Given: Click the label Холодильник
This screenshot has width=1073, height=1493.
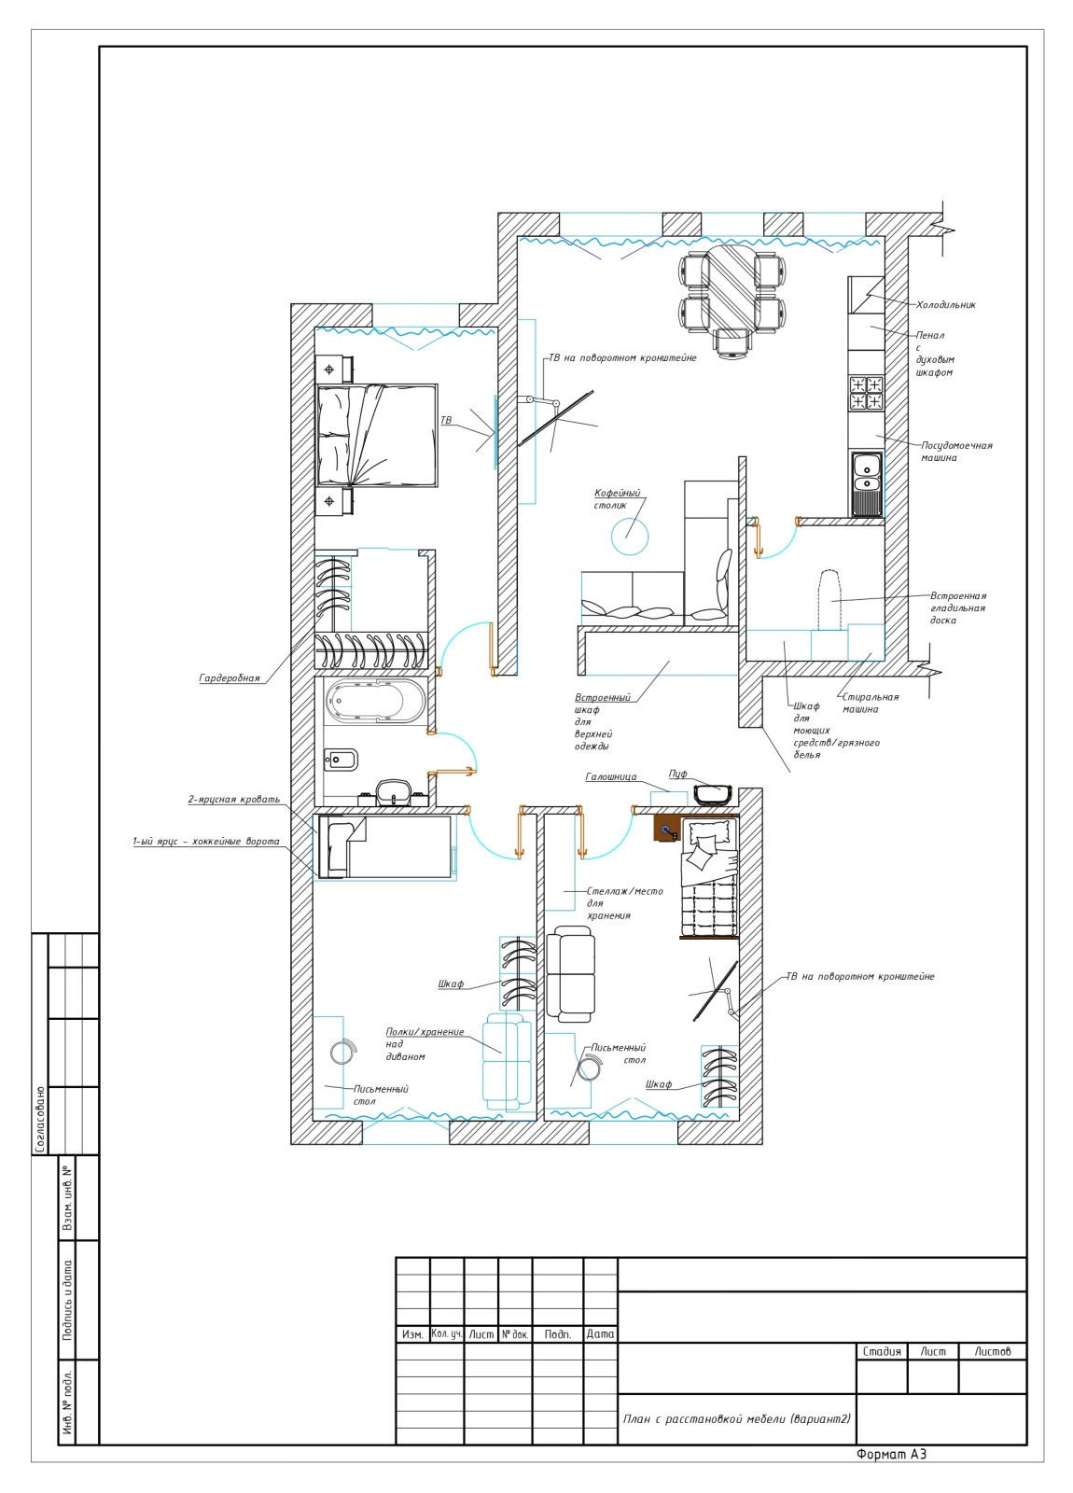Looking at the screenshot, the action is (945, 305).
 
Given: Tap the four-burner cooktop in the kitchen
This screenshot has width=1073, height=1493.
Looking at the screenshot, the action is (866, 393).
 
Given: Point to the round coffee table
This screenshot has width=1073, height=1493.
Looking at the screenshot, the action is (630, 536).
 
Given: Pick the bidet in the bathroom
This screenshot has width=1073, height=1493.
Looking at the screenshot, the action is (341, 760).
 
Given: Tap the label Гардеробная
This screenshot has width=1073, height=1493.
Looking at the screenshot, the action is (230, 678).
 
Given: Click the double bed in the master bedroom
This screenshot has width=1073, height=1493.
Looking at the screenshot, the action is (377, 435).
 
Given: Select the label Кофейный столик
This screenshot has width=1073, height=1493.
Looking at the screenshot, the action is (617, 499).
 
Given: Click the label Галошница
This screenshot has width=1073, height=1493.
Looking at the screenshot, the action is (611, 777).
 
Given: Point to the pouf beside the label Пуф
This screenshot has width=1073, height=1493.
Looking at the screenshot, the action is (713, 795).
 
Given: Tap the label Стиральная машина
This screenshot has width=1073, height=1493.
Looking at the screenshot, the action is (870, 704).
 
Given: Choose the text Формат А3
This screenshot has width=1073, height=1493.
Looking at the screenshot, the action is (892, 1455).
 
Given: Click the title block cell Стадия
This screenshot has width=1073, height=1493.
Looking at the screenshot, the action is (882, 1352).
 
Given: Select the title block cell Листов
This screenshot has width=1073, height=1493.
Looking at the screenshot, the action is (993, 1352).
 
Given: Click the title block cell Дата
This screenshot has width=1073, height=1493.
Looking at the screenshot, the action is (601, 1334).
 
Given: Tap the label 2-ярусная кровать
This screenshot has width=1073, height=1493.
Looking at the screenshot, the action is (234, 799).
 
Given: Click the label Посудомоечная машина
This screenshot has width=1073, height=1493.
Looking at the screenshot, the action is (957, 452).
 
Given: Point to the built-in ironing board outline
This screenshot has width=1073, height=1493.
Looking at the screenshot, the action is (829, 600).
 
